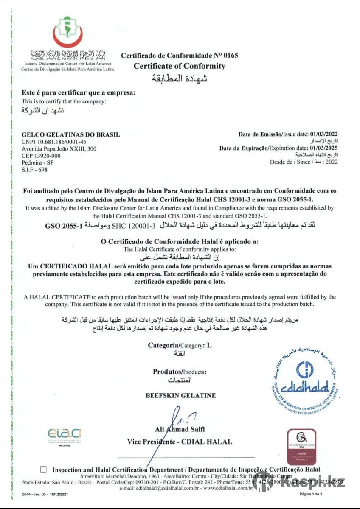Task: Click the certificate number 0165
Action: click(x=231, y=55)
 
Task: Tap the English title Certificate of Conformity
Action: click(x=180, y=66)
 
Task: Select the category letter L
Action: click(x=209, y=345)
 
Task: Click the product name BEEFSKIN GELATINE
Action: click(x=180, y=395)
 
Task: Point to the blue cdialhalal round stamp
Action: click(x=304, y=378)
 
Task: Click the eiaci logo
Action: click(x=64, y=434)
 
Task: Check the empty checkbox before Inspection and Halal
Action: click(x=43, y=470)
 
